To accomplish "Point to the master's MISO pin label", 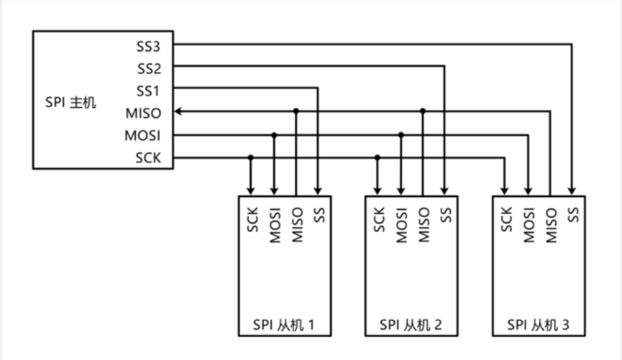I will coord(143,113).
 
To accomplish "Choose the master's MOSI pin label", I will coord(143,135).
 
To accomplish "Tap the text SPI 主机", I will coord(70,103).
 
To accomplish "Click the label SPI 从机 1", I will coord(284,325).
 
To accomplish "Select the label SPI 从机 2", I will coord(411,325).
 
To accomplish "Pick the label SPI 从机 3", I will coord(538,325).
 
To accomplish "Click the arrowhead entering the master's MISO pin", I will coord(179,111).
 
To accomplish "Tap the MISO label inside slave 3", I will coord(551,225).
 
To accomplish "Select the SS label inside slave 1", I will coord(319,214).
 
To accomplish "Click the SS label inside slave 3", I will coord(572,214).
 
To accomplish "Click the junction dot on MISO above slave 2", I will coord(423,111).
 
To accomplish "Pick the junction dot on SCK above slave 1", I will coord(250,157).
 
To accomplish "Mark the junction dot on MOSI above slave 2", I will coord(401,134).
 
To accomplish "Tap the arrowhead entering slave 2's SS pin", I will coord(445,191).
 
